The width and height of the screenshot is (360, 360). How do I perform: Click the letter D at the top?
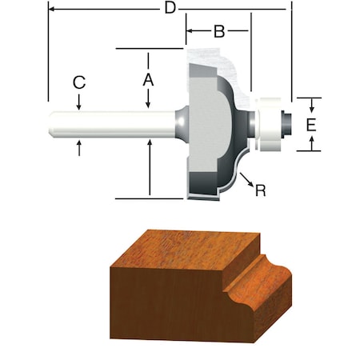(169, 9)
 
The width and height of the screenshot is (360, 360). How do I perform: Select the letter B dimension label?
(218, 32)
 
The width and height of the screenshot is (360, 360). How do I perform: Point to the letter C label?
(78, 82)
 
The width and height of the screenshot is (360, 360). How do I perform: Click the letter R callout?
(259, 190)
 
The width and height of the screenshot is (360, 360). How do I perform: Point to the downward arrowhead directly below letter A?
(149, 102)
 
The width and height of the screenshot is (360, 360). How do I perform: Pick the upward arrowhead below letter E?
(313, 146)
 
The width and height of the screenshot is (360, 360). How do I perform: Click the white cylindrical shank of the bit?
(112, 124)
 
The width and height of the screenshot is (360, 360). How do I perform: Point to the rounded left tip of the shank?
(51, 124)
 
